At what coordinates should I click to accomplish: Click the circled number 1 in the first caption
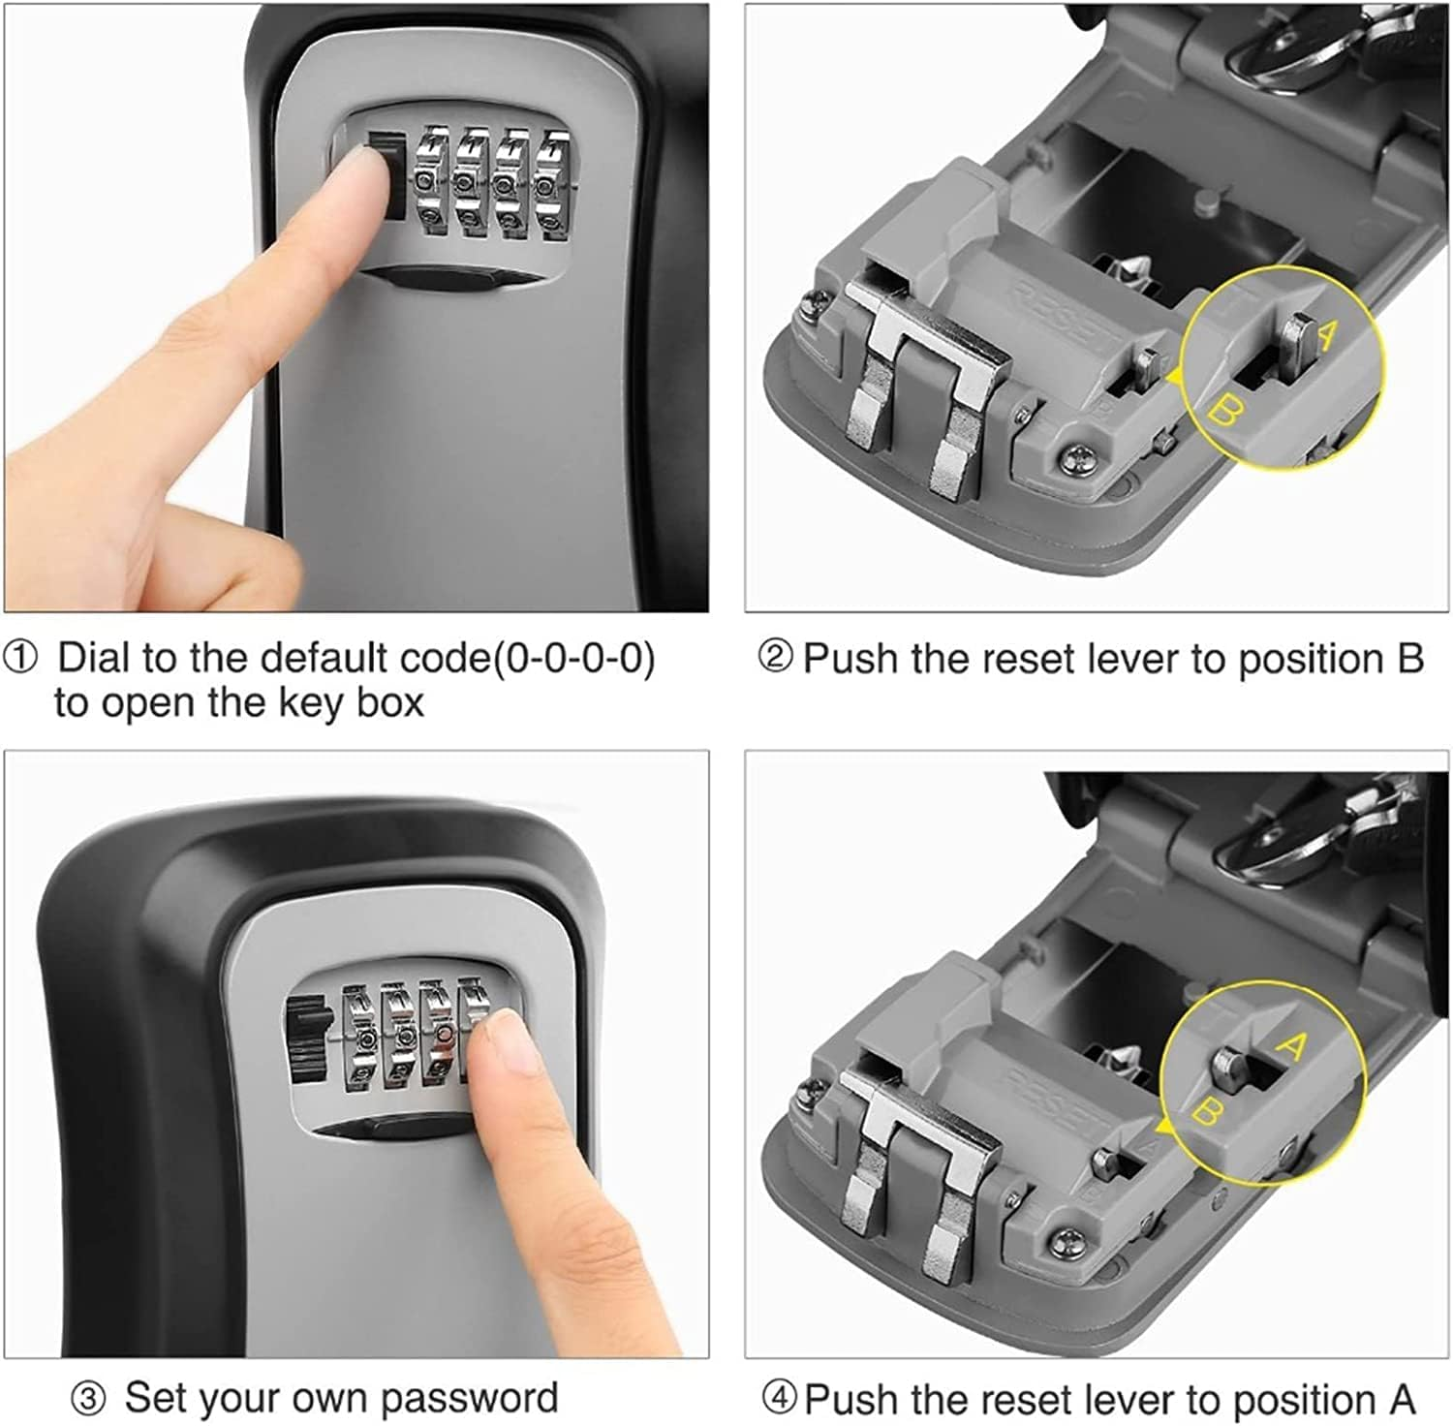click(20, 660)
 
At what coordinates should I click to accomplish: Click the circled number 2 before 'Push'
click(775, 658)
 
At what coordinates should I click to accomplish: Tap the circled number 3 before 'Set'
click(88, 1399)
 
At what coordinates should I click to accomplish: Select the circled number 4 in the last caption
click(780, 1399)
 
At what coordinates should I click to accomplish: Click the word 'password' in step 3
click(469, 1399)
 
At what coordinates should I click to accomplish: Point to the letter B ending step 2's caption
click(1409, 659)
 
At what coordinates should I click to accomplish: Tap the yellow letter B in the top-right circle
click(1222, 413)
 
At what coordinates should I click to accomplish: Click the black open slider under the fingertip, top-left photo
click(386, 180)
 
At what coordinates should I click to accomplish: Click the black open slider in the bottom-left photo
click(307, 1046)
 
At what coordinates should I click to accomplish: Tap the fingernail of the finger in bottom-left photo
click(509, 1044)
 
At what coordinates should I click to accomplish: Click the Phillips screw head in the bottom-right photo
click(1065, 1237)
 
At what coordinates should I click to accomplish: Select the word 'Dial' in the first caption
click(95, 659)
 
